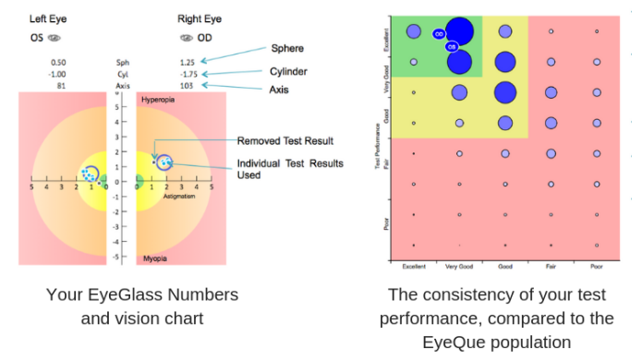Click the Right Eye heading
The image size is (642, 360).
tap(198, 18)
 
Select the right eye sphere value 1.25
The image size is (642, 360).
tap(188, 62)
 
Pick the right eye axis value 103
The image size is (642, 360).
tap(188, 85)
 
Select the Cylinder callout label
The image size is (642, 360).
tap(290, 71)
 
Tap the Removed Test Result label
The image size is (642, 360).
tap(285, 141)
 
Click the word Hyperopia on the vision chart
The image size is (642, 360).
tap(158, 99)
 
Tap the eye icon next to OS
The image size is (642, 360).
tap(55, 38)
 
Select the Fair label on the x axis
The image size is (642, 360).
tap(551, 267)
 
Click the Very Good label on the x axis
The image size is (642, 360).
tap(458, 267)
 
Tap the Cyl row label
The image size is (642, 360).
tap(122, 74)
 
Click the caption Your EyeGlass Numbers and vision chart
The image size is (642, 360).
tap(142, 306)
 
